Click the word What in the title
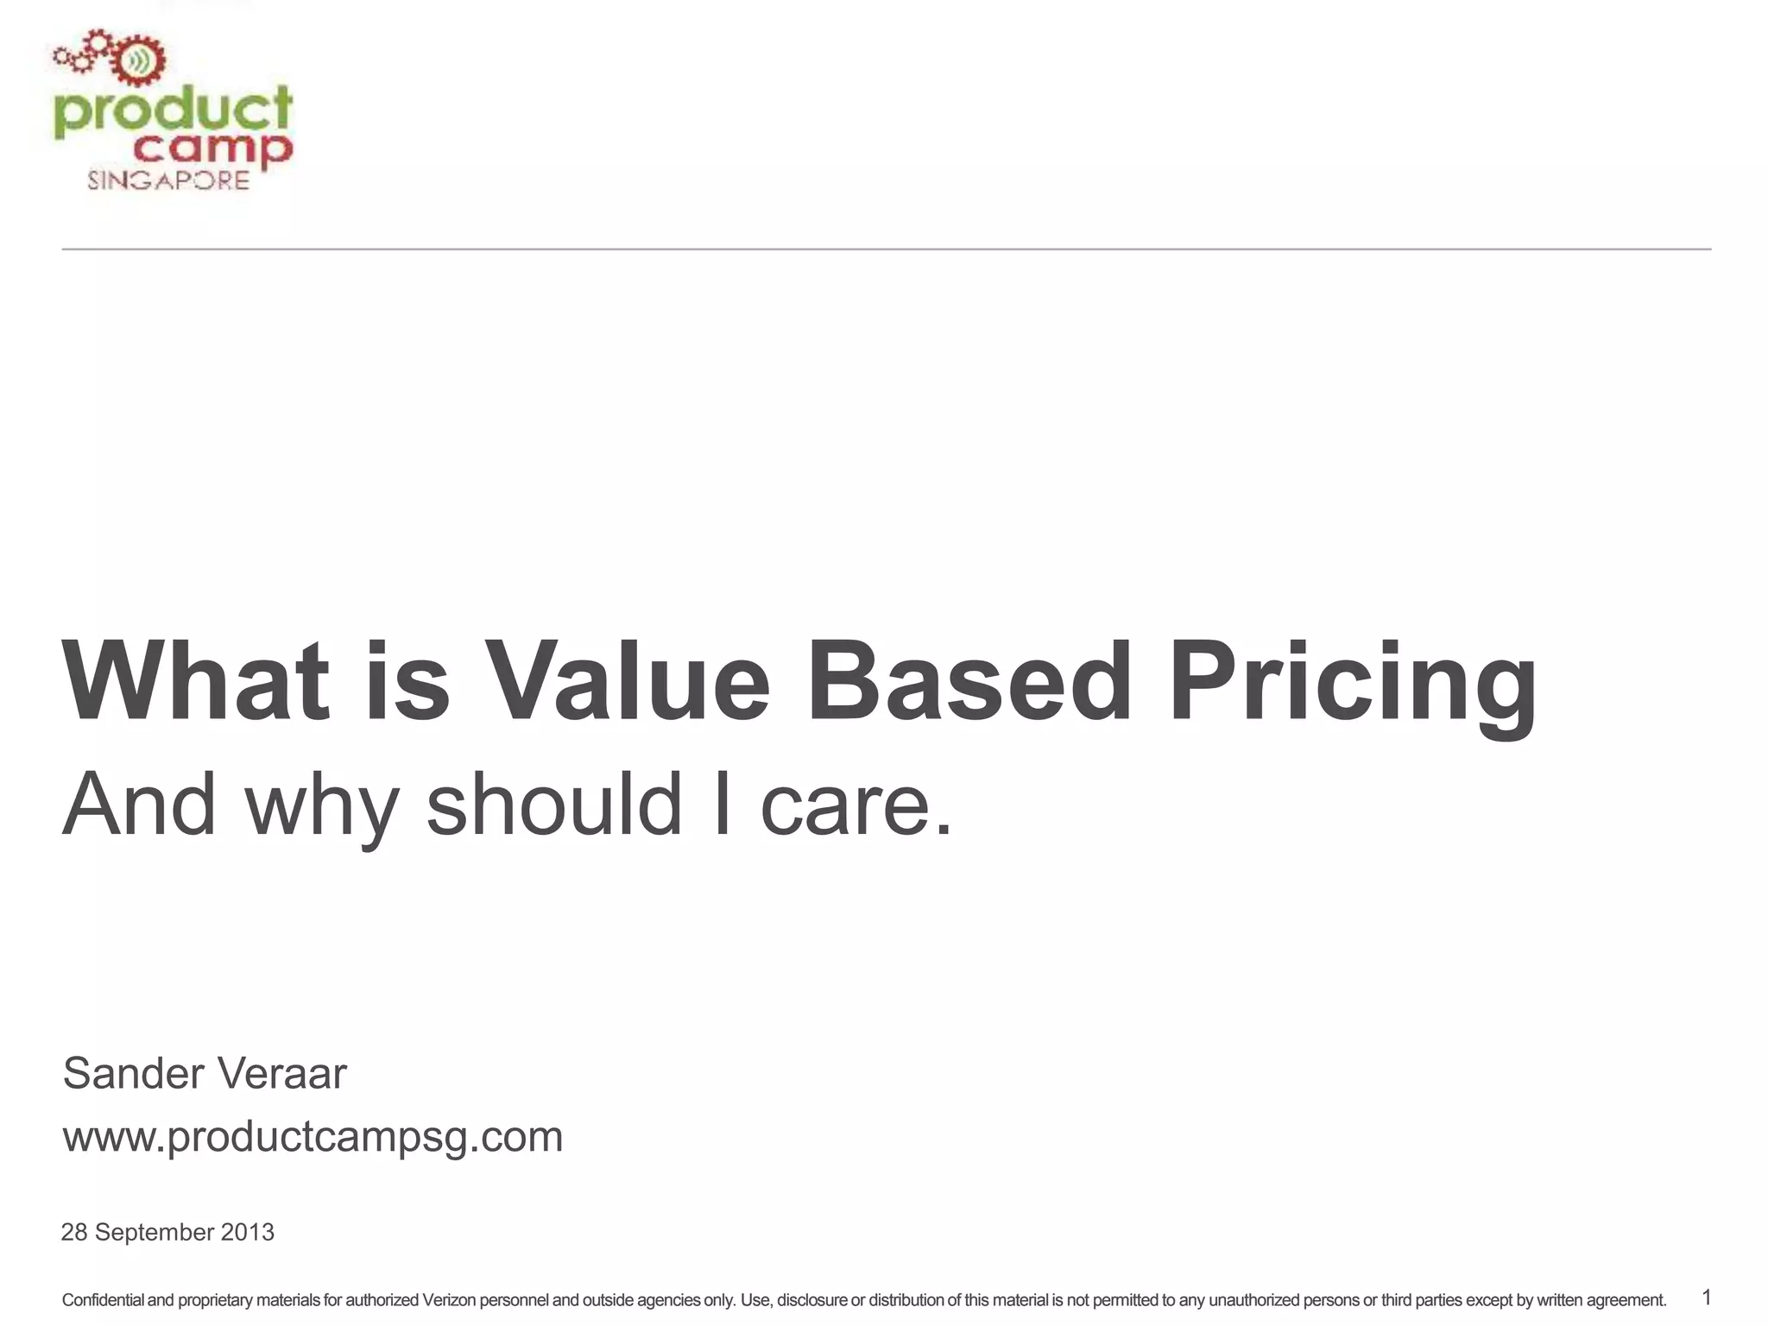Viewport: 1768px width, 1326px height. tap(196, 681)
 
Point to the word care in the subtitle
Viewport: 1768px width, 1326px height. tap(855, 804)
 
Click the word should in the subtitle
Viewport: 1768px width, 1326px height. tap(554, 804)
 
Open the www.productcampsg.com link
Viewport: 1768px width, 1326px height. tap(313, 1136)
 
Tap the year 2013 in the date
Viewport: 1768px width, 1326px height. tap(247, 1232)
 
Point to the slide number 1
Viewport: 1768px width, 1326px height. tap(1706, 1298)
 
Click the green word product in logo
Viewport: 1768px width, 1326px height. tap(173, 112)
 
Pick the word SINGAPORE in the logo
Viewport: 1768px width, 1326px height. tap(168, 180)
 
